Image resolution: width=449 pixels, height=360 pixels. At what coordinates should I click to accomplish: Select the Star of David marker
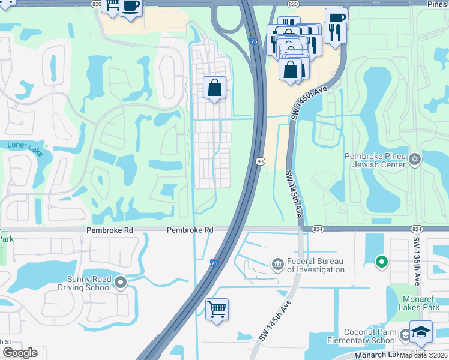(x=415, y=160)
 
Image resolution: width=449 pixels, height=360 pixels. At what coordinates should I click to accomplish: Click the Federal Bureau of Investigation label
(x=315, y=265)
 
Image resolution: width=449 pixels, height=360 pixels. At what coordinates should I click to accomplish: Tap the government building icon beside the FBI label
(x=277, y=263)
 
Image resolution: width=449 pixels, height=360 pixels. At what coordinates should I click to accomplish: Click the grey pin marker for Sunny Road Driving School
(x=121, y=281)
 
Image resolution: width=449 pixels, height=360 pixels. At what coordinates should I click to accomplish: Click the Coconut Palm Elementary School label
(x=370, y=336)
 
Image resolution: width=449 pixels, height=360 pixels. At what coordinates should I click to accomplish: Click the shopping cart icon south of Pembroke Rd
(x=217, y=309)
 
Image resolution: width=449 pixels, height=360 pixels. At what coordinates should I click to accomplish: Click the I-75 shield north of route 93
(x=255, y=41)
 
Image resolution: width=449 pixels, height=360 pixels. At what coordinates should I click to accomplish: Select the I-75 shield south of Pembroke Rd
(x=215, y=262)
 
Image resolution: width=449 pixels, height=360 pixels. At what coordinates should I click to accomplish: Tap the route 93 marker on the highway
(x=261, y=161)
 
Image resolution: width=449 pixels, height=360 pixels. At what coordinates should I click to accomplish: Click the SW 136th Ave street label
(x=417, y=261)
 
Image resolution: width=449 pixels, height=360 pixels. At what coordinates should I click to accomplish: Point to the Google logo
(x=20, y=353)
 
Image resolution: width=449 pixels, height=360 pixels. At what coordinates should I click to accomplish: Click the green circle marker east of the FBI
(x=381, y=261)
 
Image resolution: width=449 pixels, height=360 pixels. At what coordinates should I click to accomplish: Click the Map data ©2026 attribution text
(x=424, y=355)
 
